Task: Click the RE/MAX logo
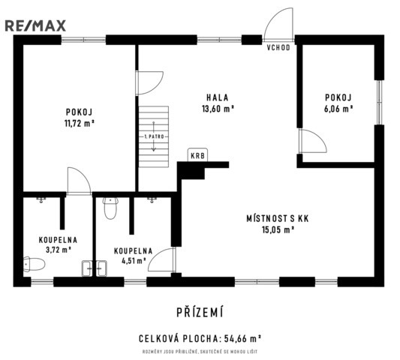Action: (35, 26)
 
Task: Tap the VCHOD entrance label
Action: (278, 48)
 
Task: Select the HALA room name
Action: (218, 97)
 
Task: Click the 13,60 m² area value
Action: (218, 109)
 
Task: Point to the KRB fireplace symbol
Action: (197, 154)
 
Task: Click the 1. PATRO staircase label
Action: (154, 136)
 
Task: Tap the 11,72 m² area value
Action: (80, 124)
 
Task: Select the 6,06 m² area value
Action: (338, 109)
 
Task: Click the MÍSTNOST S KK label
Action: (278, 218)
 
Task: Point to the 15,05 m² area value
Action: (278, 230)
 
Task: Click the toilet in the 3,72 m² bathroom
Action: (35, 264)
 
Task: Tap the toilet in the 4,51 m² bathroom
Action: (110, 208)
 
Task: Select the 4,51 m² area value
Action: (134, 261)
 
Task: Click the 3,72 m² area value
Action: (59, 250)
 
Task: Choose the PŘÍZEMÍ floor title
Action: (200, 312)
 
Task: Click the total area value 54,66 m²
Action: (242, 339)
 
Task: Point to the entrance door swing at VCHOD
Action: (278, 25)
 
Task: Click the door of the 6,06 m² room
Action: (313, 141)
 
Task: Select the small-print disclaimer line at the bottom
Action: (200, 352)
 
